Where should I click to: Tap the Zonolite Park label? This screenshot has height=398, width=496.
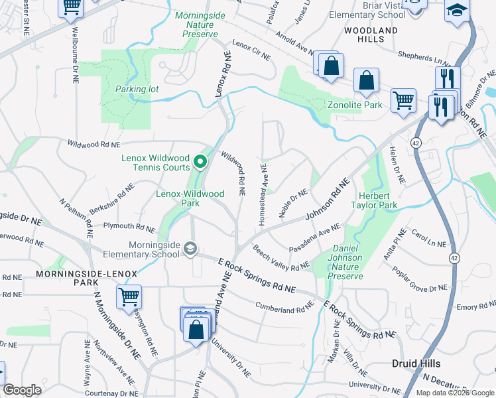tap(355, 105)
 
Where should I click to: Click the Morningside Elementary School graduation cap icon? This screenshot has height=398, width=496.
tap(190, 249)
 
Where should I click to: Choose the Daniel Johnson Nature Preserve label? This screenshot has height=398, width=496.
tap(346, 262)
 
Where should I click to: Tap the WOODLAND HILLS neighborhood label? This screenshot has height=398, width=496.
tap(371, 34)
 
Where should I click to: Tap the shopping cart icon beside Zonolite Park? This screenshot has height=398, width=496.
tap(403, 101)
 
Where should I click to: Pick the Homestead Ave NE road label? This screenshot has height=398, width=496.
tap(263, 194)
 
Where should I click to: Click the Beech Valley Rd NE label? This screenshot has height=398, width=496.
tap(281, 257)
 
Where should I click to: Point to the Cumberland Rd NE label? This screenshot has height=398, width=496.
tap(284, 306)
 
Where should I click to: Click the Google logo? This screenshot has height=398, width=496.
tap(22, 390)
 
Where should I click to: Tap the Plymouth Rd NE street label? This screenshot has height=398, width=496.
tap(129, 227)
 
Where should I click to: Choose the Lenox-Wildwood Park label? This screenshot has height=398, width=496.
tap(190, 198)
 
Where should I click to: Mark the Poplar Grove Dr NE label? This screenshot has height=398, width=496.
tap(419, 273)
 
